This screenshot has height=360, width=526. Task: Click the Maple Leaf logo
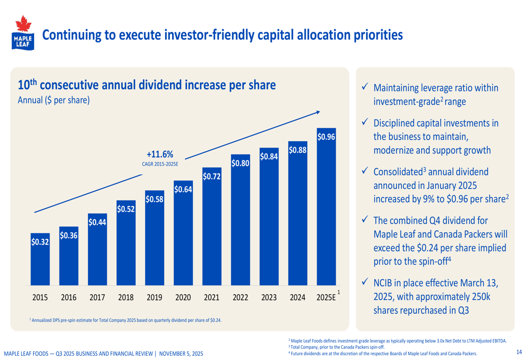(22, 33)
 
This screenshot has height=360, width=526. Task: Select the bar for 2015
(40, 263)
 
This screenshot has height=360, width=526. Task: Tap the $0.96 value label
(326, 137)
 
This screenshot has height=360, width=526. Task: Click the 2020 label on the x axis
(183, 298)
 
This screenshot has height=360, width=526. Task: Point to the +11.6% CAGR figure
(160, 154)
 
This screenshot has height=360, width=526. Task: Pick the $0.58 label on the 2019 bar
(154, 200)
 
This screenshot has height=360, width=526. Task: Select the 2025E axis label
(326, 298)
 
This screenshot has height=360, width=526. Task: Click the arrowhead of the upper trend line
(318, 111)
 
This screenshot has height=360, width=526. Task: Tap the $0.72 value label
(211, 177)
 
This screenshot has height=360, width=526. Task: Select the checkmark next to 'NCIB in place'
(364, 283)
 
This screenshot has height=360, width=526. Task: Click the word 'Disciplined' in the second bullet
(394, 124)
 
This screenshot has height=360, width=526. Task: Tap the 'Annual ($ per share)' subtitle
(54, 100)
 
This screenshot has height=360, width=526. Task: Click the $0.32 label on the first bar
(40, 242)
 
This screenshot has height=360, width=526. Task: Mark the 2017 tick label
(97, 298)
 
